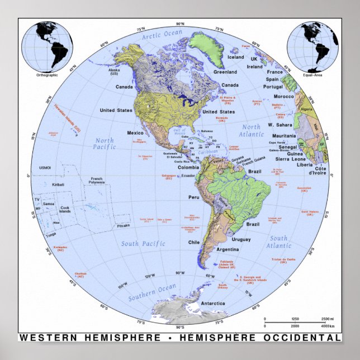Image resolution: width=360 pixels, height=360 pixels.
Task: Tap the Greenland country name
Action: pos(225,72)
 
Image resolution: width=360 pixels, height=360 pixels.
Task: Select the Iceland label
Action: pos(235,57)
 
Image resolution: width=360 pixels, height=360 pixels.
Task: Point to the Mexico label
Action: pos(136,133)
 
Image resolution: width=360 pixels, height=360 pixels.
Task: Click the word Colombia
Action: pos(187,167)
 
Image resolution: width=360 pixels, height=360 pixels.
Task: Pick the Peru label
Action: pos(194,197)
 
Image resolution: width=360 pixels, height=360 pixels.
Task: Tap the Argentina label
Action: pos(228,249)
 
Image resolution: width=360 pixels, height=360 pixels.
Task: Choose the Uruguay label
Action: pos(241,239)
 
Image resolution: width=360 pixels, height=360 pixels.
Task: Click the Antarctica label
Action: pos(214,303)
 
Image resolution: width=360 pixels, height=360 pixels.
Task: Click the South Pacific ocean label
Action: pos(144,244)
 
